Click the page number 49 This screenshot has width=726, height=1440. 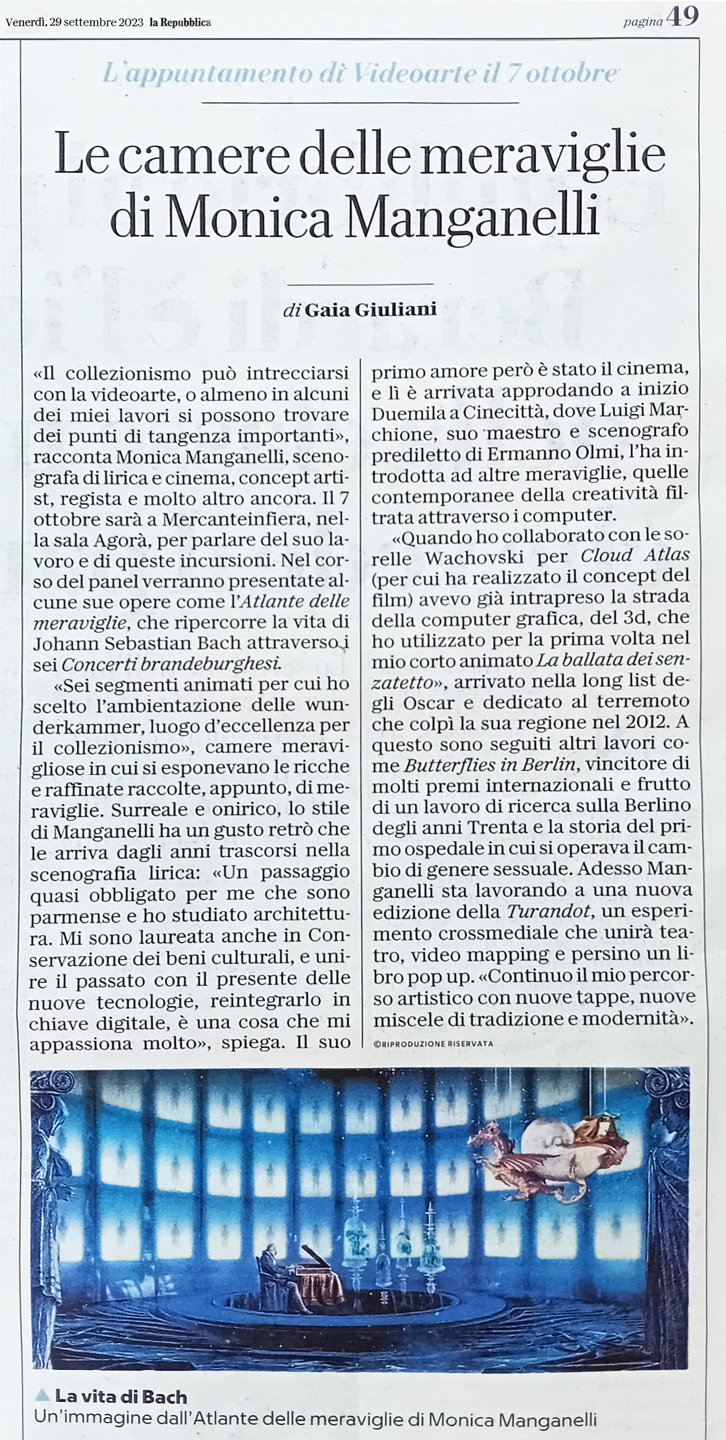pos(683,17)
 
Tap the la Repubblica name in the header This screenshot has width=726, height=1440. pos(180,23)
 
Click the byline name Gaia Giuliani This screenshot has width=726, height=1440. pos(370,310)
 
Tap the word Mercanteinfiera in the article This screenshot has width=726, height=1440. pos(235,519)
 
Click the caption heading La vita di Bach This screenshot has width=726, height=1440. pos(121,1397)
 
